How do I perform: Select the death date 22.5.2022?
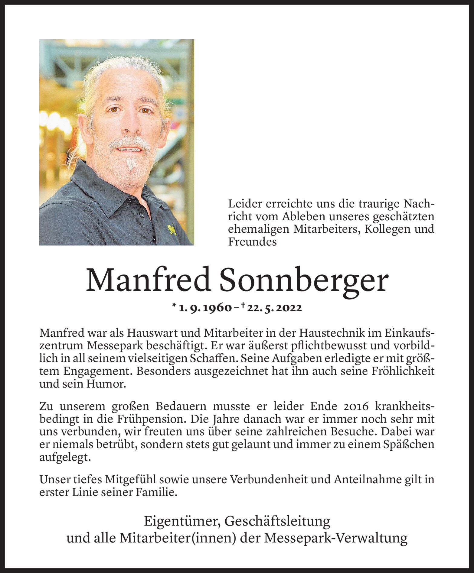click(x=274, y=308)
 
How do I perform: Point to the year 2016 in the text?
click(x=356, y=406)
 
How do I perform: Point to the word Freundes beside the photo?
click(x=252, y=242)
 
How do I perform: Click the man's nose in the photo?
click(x=132, y=126)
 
